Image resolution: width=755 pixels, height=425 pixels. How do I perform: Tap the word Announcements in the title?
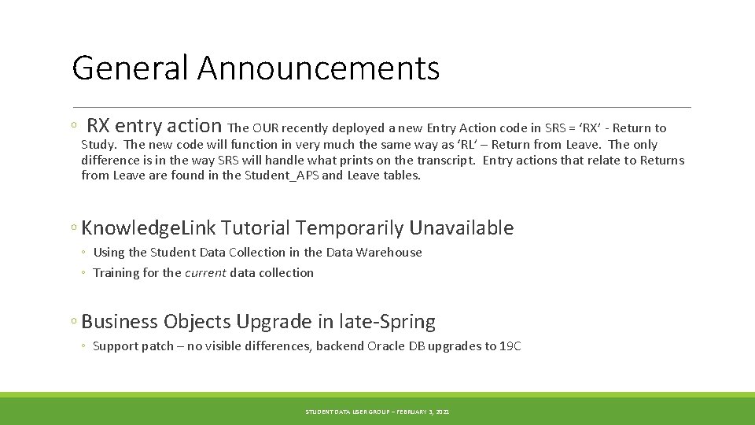coord(319,68)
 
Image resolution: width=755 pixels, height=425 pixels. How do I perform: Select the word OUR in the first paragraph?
coord(266,128)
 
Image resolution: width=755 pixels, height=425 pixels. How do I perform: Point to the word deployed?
coord(358,128)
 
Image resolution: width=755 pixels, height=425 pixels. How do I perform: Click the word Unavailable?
coord(462,228)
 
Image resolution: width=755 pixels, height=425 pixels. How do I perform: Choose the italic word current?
coord(205,273)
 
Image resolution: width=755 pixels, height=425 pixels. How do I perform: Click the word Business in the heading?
coord(120,322)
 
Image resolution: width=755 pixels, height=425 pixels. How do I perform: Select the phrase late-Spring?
coord(387,322)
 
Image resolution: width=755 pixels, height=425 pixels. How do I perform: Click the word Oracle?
coord(385,346)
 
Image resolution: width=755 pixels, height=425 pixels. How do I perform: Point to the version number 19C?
coord(510,346)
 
